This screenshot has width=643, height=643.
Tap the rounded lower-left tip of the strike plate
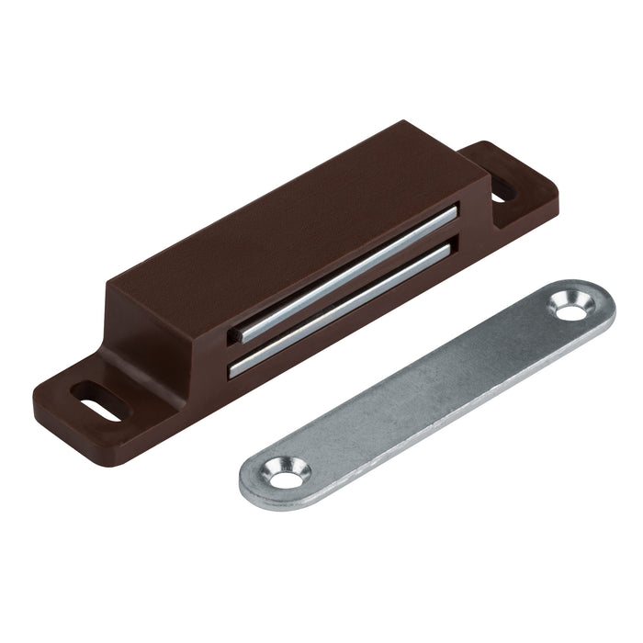pos(253,485)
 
